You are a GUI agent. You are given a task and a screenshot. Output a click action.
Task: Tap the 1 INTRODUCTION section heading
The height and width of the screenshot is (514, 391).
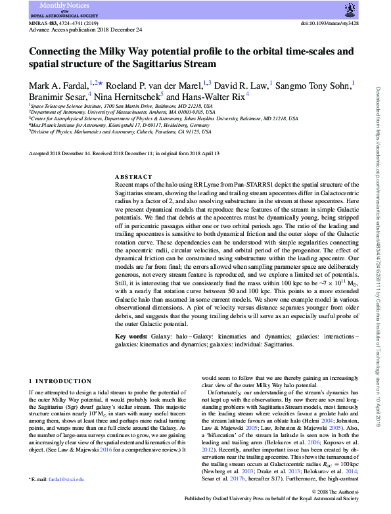[62, 382]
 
